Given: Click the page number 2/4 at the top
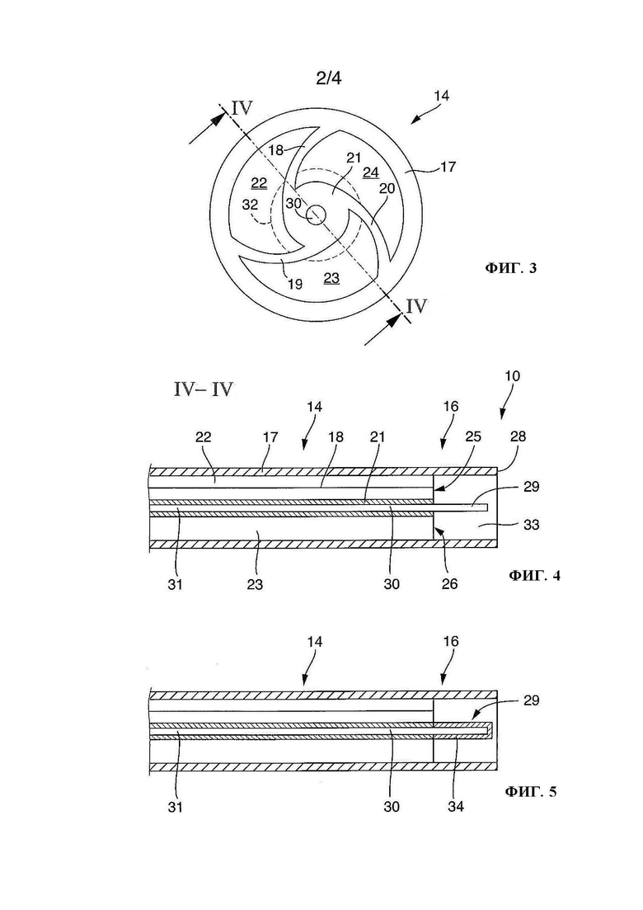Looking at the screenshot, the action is (329, 78).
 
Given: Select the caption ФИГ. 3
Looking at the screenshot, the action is (511, 268).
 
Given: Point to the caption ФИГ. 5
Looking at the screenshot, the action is (531, 791).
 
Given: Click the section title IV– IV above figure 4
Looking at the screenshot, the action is (204, 389).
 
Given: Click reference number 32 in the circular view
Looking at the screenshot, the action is (250, 205).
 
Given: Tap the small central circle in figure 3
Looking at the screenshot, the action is (316, 215).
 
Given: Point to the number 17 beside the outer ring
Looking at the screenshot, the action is (448, 167).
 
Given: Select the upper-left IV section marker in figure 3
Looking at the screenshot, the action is (242, 109).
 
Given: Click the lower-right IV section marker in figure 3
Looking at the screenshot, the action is (416, 306).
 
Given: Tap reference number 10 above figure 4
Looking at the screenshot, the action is (513, 376).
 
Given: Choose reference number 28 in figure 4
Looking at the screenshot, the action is (518, 436).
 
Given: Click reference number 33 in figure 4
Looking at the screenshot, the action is (532, 525).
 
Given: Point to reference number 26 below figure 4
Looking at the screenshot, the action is (449, 584).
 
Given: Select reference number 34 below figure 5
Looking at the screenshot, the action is (456, 807).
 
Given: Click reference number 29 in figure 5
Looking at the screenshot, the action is (532, 700).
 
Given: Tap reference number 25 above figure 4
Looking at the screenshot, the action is (474, 436).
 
